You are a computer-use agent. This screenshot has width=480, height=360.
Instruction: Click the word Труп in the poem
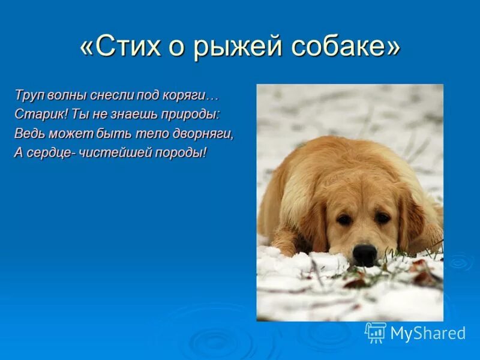[28, 95]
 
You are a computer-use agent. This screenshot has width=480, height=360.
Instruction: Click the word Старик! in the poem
[35, 114]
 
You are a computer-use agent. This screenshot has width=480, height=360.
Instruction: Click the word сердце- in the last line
[49, 152]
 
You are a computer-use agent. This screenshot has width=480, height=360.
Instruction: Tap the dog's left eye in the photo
[344, 220]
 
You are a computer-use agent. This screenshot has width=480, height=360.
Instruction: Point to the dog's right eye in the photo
[382, 218]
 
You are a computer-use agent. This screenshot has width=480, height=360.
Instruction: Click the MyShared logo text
[428, 334]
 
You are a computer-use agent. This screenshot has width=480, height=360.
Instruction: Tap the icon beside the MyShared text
[376, 332]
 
